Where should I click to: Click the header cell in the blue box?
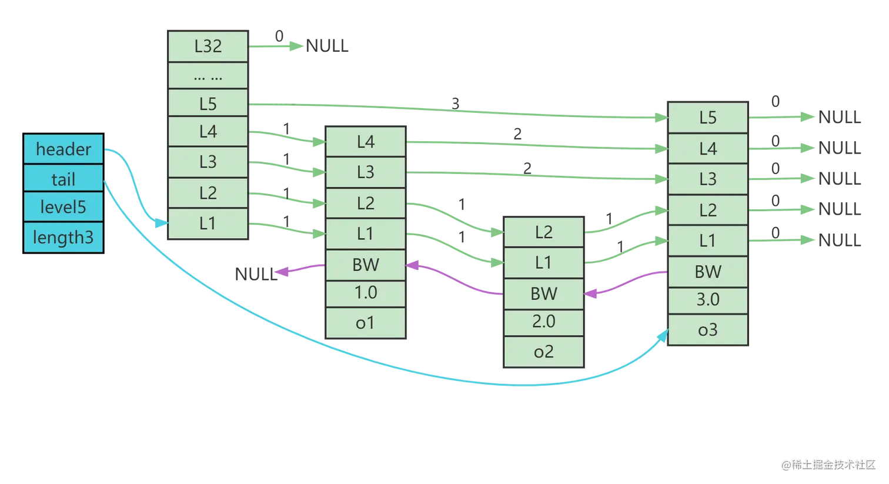pos(63,149)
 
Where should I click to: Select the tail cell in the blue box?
pos(63,179)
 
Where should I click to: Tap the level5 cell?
pos(63,207)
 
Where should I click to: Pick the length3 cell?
pos(63,237)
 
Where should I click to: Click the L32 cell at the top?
pos(208,46)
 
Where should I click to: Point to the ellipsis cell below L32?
pos(208,75)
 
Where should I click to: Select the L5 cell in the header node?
pos(208,104)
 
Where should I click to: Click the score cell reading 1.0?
pos(366,293)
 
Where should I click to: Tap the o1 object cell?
pos(366,323)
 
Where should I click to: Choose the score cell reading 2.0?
pos(543,322)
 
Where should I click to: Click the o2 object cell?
pos(543,352)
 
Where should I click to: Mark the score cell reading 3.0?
pos(708,300)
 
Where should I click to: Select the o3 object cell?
pos(708,330)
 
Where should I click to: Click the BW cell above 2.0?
pos(543,293)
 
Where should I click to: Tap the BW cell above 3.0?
pos(708,271)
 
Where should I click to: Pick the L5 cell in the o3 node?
pos(708,118)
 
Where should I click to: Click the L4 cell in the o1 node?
pos(366,142)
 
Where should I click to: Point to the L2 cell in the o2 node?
pos(543,232)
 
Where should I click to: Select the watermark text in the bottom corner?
pos(828,464)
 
